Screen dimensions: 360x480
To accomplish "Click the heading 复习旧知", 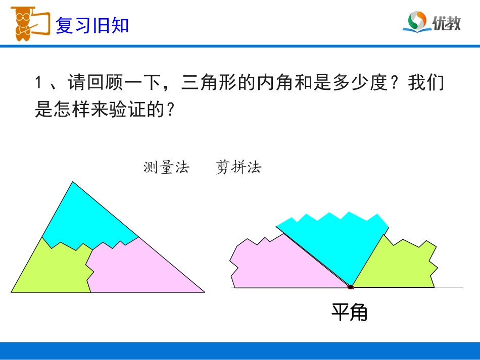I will click(x=92, y=25).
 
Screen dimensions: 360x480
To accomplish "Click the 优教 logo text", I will click(x=447, y=23).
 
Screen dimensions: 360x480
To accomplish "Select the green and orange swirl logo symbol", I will click(x=417, y=22).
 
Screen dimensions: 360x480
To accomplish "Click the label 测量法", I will click(x=166, y=168).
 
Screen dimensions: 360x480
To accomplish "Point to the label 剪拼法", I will click(x=238, y=168).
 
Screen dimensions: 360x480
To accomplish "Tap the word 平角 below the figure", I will click(x=350, y=313).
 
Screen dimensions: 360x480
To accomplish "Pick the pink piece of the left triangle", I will click(x=141, y=268).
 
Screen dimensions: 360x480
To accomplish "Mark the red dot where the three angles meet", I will click(x=350, y=287).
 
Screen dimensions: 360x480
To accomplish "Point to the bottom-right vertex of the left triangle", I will click(x=204, y=292).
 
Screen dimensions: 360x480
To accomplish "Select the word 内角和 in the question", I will click(x=292, y=83).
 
